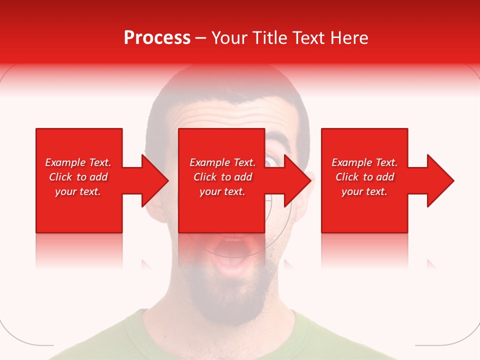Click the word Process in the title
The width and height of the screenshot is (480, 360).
[157, 38]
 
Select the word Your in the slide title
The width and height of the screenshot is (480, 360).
[230, 38]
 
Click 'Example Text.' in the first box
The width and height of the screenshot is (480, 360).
[78, 162]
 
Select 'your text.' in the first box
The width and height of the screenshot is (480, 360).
[78, 191]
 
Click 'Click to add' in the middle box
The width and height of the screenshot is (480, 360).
[222, 177]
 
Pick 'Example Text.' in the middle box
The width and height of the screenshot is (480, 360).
[222, 162]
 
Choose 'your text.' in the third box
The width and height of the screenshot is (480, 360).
[364, 191]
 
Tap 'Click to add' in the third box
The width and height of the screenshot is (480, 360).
[364, 177]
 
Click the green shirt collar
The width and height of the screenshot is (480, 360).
[150, 325]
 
